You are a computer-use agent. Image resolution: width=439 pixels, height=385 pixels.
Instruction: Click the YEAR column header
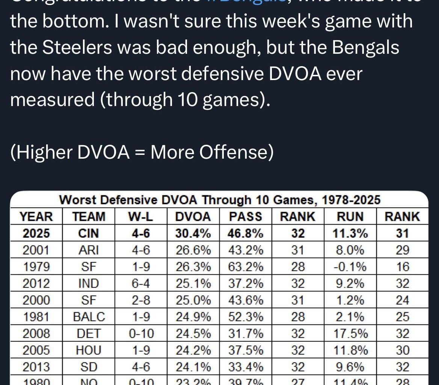coord(36,217)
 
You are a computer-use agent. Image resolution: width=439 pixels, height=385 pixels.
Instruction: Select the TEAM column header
coord(89,217)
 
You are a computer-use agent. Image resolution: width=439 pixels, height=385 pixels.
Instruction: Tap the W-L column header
coord(140,217)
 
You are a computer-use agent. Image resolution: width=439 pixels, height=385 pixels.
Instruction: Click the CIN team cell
coord(89,233)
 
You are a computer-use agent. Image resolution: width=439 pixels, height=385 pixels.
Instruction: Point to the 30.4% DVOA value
coord(193,233)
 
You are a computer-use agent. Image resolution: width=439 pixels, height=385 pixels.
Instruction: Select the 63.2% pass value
coord(246,267)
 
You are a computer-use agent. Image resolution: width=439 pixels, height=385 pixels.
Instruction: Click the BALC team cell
coord(89,317)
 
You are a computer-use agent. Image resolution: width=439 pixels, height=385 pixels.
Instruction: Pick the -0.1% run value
coord(349,267)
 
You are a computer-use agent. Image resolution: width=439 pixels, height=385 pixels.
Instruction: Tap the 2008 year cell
coord(36,333)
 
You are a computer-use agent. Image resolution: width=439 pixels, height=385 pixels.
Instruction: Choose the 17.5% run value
coord(349,333)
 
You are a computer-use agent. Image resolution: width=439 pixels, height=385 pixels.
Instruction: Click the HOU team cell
coord(89,350)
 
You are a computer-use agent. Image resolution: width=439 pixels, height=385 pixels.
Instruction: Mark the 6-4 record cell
coord(140,283)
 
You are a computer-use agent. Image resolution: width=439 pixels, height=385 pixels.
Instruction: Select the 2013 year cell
coord(36,367)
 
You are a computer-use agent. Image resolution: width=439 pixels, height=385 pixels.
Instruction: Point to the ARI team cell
coord(89,250)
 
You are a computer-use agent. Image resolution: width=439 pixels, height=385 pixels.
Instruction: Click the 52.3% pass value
coord(246,317)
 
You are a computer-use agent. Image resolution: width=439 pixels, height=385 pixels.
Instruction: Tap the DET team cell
coord(89,333)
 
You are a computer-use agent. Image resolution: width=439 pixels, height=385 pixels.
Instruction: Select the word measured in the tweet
coord(52,100)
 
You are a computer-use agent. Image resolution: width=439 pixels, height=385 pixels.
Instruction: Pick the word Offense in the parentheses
coord(233,152)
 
